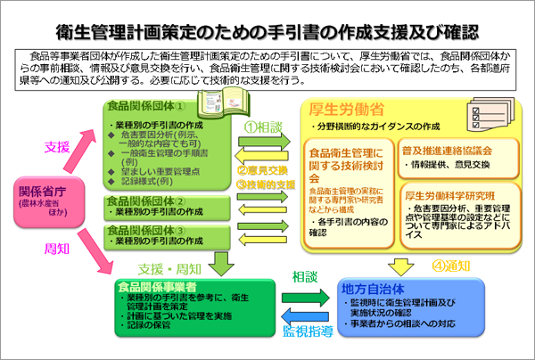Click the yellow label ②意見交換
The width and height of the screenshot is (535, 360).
(266, 170)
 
